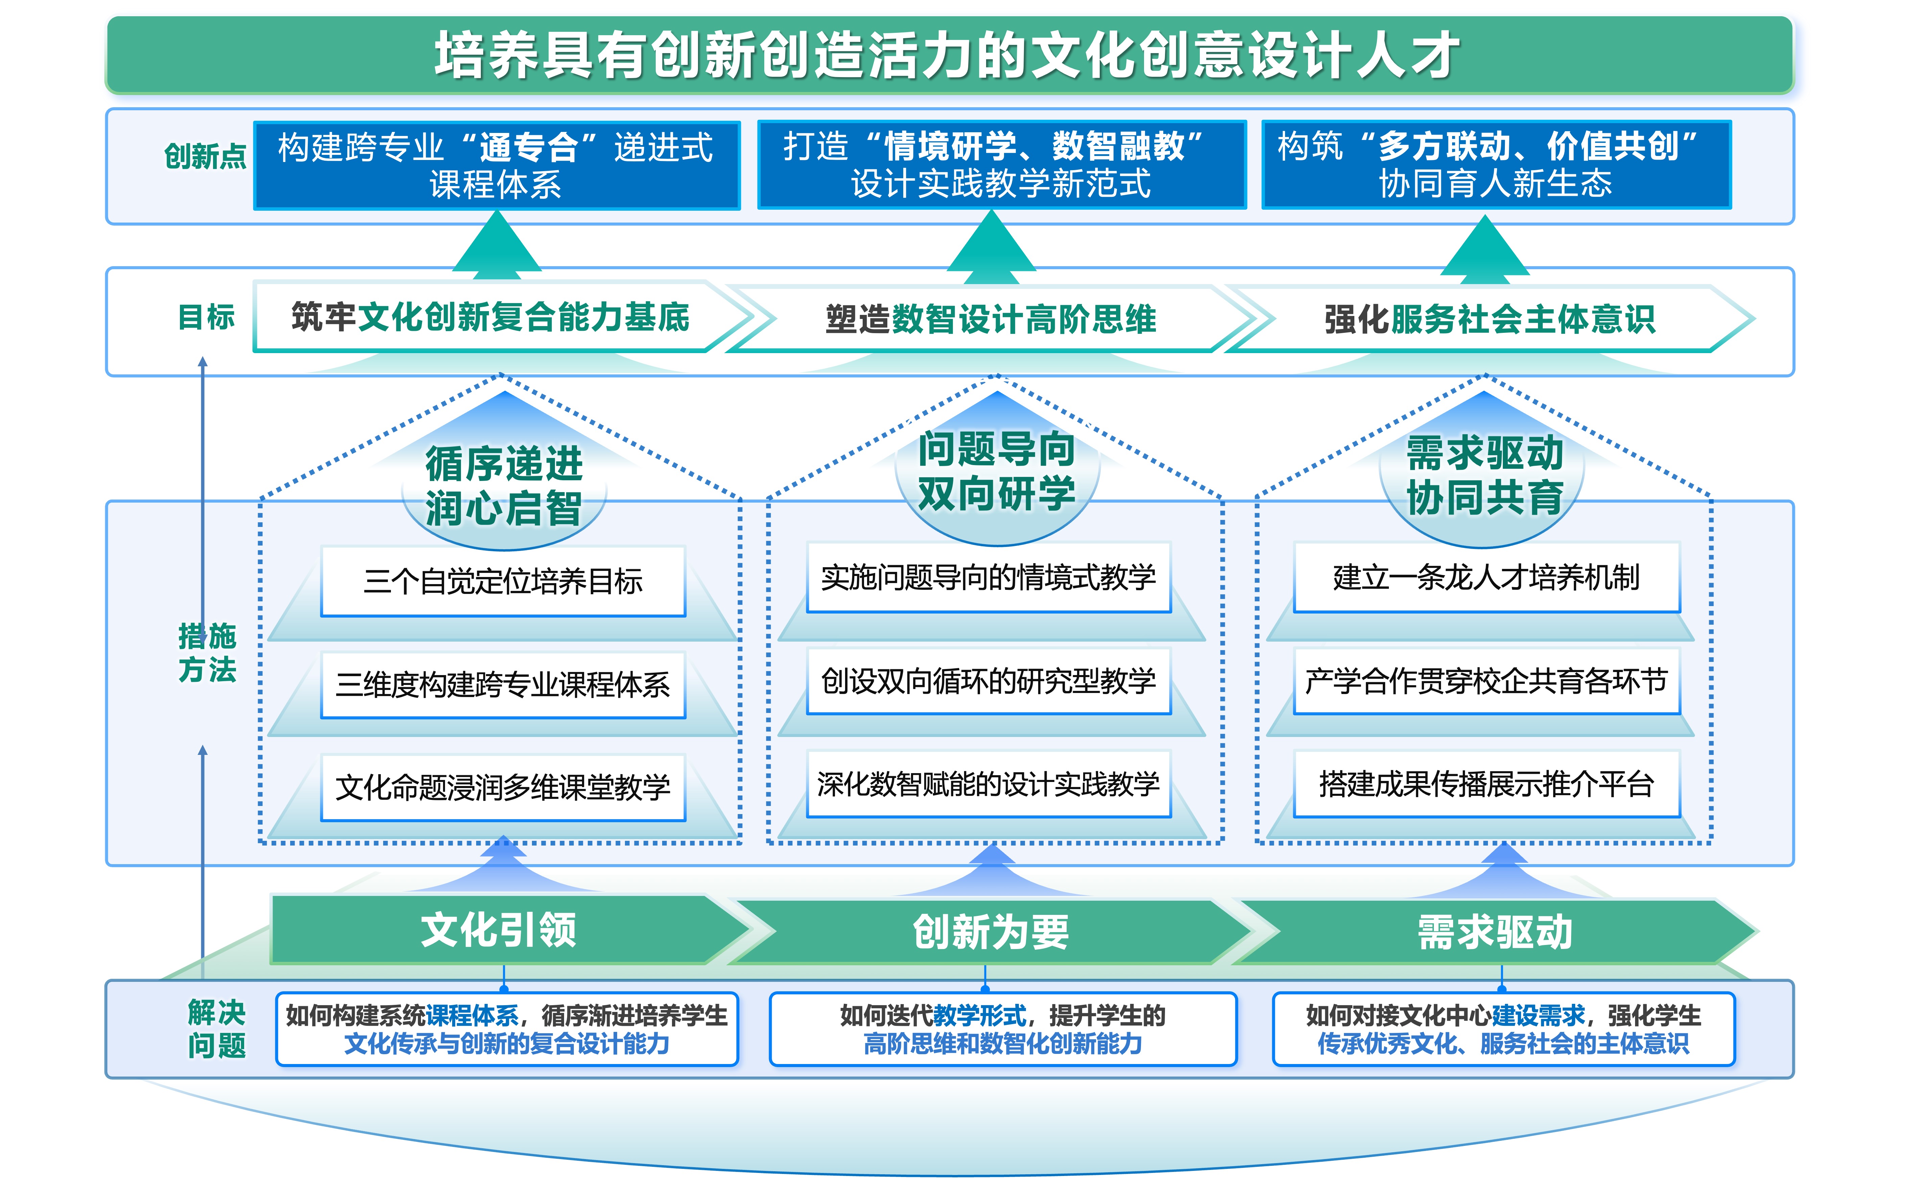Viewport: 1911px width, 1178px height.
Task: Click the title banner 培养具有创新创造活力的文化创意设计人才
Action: tap(949, 54)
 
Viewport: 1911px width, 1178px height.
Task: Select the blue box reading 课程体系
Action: tap(496, 165)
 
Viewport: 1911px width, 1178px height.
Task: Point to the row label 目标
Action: tap(206, 317)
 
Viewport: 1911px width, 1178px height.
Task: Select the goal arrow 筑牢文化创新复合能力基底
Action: tap(491, 317)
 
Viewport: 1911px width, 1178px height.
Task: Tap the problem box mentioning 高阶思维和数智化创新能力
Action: tap(1003, 1029)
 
